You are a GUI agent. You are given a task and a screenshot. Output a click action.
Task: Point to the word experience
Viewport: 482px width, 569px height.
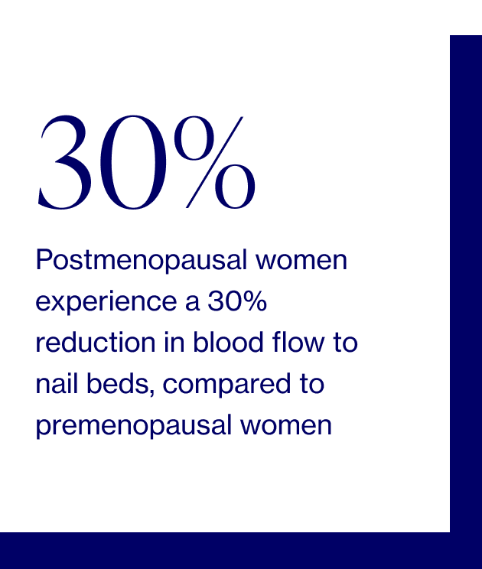(103, 303)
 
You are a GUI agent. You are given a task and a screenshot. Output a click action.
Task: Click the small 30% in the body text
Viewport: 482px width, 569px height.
(237, 303)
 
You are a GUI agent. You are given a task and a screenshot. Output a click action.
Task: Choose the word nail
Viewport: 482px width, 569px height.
(55, 385)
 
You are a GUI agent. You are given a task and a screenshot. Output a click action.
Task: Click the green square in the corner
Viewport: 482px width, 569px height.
(466, 17)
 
